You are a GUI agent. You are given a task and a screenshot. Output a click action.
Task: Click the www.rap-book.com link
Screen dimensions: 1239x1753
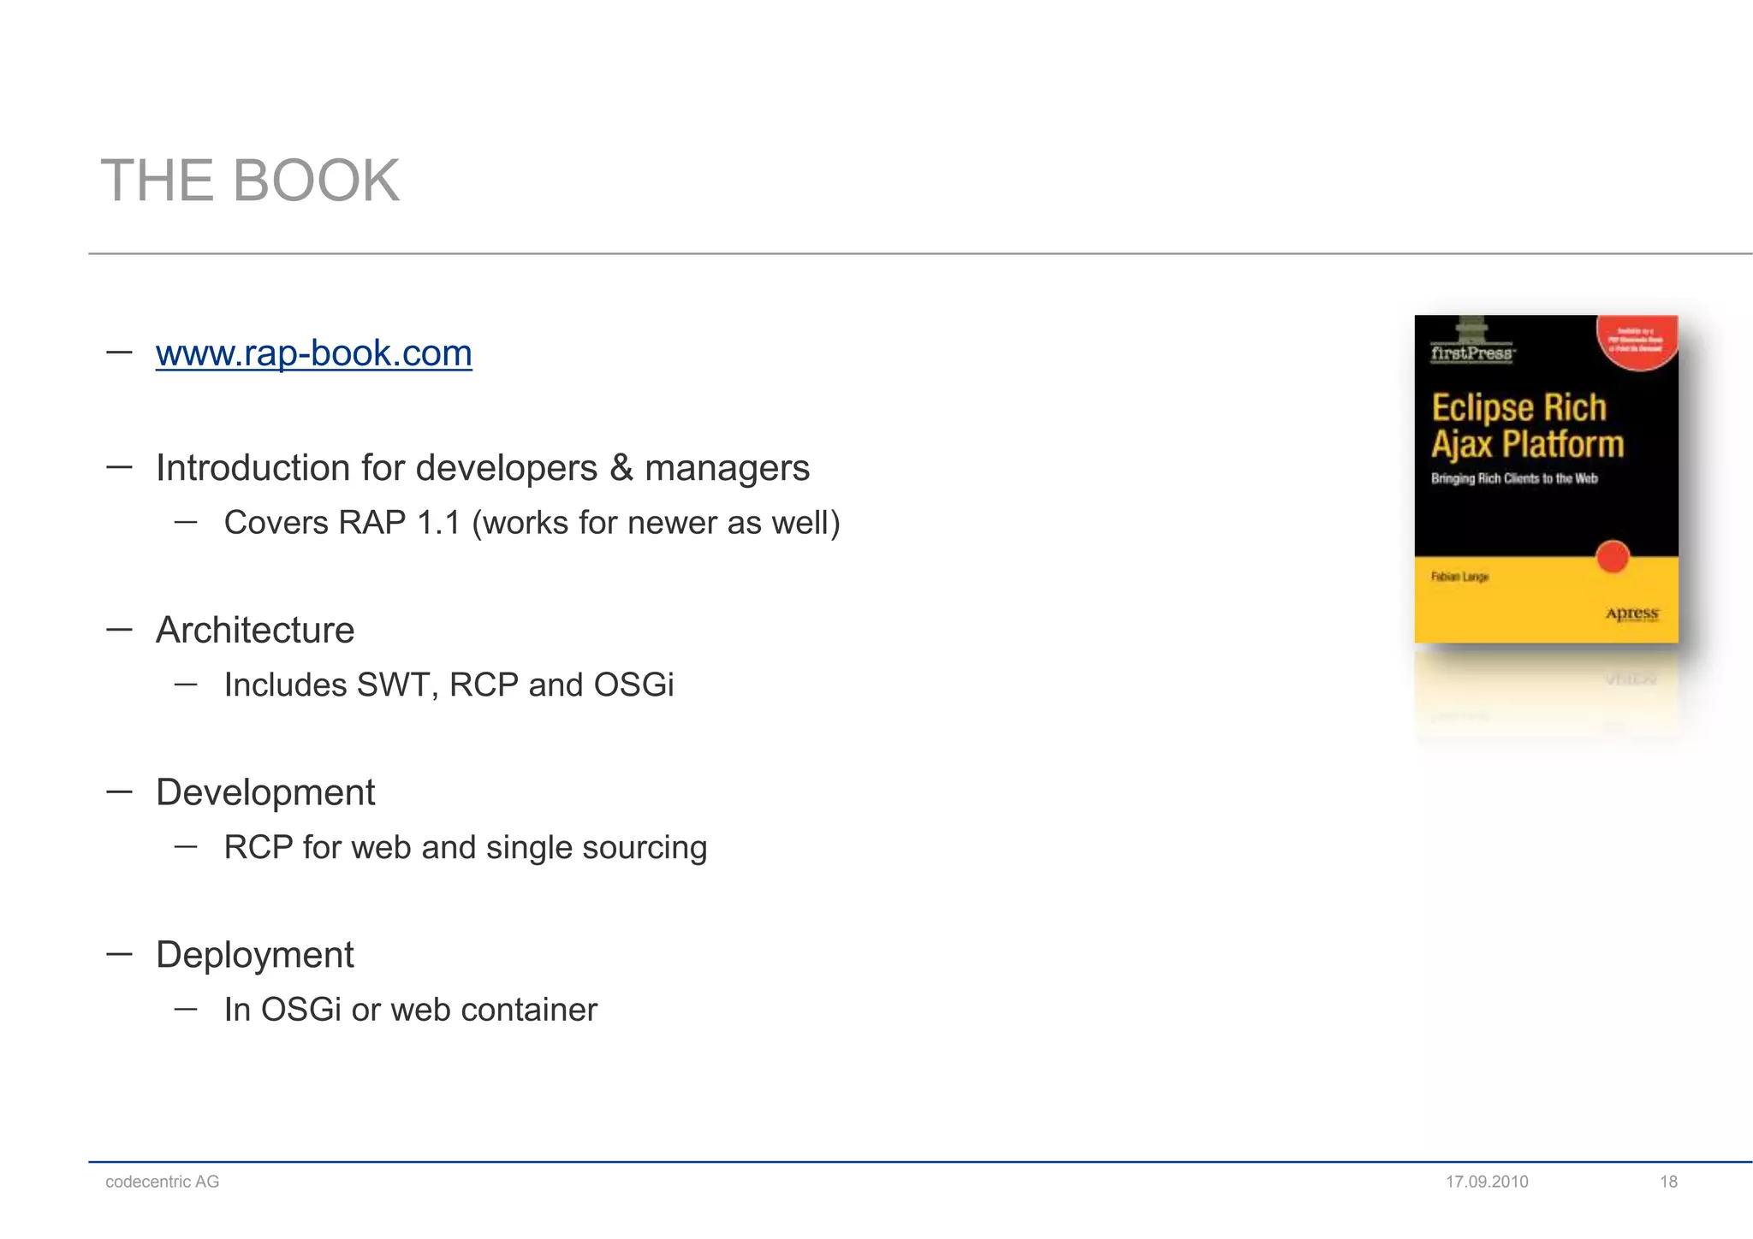(313, 353)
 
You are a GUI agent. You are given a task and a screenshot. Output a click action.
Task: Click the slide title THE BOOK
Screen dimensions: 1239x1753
(250, 181)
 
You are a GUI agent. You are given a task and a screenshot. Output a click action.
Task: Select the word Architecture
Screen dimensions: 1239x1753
(255, 631)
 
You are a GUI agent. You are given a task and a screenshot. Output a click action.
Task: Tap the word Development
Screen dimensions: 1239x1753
(265, 793)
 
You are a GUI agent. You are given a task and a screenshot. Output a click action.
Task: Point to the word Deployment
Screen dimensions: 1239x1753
(254, 955)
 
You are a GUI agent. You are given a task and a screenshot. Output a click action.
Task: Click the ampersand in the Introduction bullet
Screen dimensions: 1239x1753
(621, 468)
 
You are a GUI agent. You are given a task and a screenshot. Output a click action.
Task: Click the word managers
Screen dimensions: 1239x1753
(727, 468)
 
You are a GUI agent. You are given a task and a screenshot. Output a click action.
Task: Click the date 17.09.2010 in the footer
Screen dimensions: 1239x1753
(1487, 1182)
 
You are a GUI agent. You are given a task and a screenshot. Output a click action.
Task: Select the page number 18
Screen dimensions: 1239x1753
(1668, 1182)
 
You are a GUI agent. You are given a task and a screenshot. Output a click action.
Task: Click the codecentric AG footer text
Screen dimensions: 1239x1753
(163, 1182)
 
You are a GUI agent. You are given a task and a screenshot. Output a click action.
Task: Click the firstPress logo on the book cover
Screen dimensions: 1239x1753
(1471, 353)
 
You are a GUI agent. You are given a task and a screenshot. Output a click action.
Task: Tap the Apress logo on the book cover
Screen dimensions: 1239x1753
(1631, 614)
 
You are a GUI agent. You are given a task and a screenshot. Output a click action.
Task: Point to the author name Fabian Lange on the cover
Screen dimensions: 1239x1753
(1459, 577)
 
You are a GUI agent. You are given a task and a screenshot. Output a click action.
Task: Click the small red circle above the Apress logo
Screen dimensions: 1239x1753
(1613, 557)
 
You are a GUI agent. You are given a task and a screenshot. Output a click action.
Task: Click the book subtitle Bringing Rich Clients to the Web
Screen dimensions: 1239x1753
(1514, 478)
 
